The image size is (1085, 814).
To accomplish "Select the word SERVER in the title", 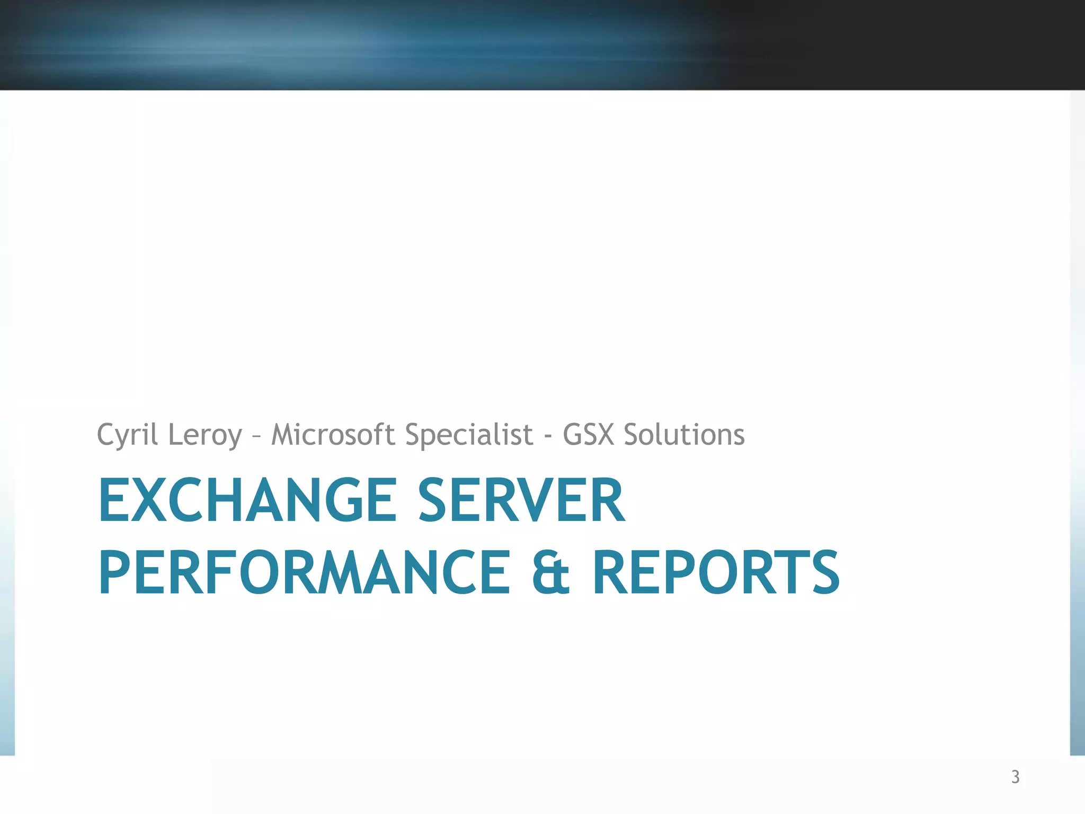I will tap(521, 500).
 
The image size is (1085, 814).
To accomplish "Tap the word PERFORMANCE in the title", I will tap(304, 572).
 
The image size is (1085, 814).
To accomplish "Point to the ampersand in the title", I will tap(550, 572).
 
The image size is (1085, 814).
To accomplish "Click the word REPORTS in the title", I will tap(716, 572).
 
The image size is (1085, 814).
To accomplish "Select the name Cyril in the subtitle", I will tap(128, 435).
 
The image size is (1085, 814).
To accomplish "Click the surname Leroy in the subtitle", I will tap(205, 435).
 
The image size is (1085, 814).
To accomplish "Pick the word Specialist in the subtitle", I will tap(469, 435).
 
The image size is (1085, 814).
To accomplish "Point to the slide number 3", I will tap(1015, 777).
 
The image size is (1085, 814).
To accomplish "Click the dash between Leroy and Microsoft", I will tap(257, 437).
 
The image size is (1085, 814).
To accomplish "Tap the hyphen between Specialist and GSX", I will tap(548, 437).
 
